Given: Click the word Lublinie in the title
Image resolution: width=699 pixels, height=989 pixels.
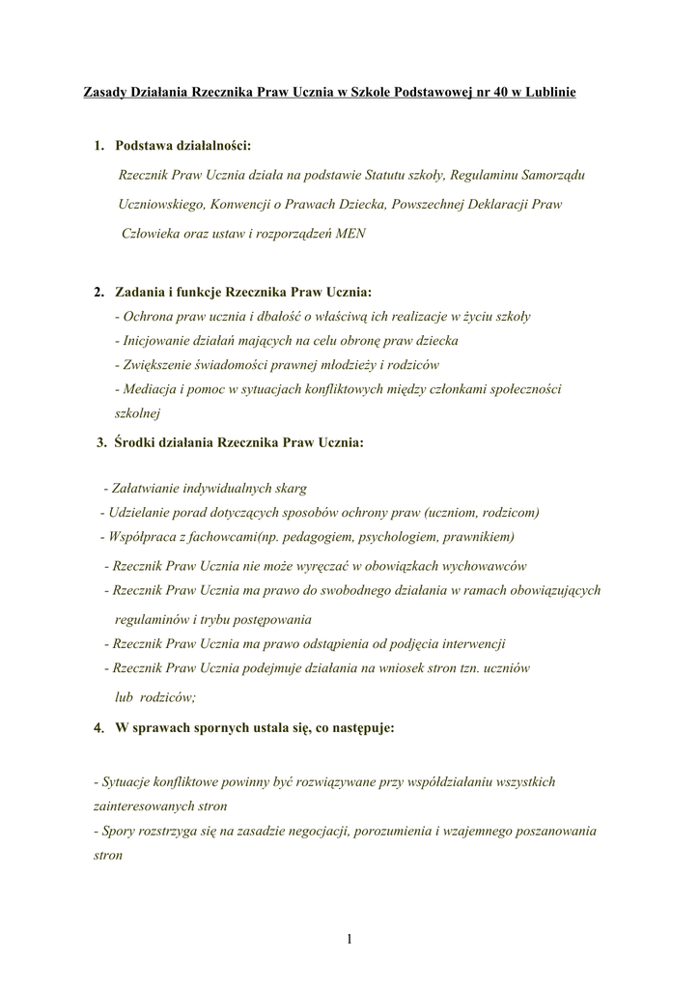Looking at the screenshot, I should pos(547,94).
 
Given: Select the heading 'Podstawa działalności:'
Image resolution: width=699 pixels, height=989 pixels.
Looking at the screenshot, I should pos(182,146).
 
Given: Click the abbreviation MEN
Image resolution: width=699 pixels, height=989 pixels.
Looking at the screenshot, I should pos(349,233).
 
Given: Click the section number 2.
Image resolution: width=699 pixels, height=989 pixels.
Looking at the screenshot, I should pos(98,291).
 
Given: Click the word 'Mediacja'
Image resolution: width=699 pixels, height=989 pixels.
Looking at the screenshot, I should pos(147,389).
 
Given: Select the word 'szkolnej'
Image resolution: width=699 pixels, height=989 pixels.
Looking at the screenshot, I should pos(137,413).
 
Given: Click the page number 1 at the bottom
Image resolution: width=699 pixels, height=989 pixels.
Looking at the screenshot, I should pos(349,938).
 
